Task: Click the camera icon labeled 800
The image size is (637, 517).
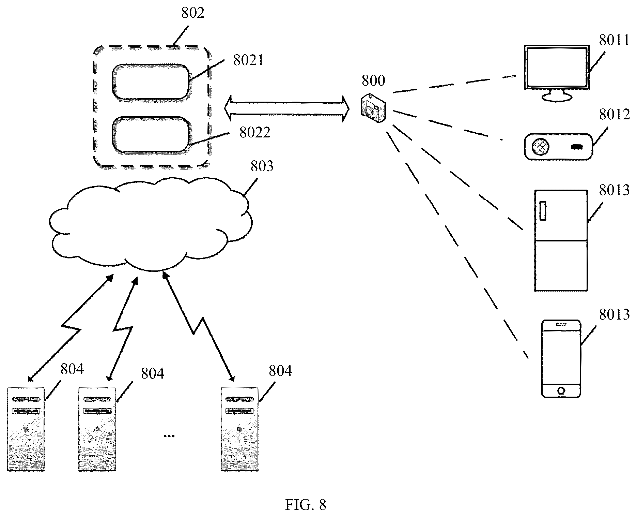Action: pyautogui.click(x=373, y=107)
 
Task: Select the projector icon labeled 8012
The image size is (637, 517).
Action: pyautogui.click(x=558, y=147)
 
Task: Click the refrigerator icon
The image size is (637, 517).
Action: pyautogui.click(x=561, y=240)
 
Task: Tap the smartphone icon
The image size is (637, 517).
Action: pyautogui.click(x=561, y=358)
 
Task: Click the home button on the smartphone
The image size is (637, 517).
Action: pyautogui.click(x=561, y=390)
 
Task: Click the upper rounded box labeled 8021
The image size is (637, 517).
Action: pyautogui.click(x=150, y=81)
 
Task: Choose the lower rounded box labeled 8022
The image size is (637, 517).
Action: pyautogui.click(x=150, y=134)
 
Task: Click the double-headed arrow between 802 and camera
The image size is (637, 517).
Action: pyautogui.click(x=286, y=109)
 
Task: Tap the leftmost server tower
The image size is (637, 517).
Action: pyautogui.click(x=26, y=429)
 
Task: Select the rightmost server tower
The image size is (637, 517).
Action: pyautogui.click(x=239, y=429)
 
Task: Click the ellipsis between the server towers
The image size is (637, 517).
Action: pyautogui.click(x=169, y=436)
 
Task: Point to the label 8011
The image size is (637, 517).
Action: pyautogui.click(x=614, y=41)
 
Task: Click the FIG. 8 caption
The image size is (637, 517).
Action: pyautogui.click(x=306, y=505)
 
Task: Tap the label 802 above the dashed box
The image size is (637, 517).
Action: pyautogui.click(x=193, y=13)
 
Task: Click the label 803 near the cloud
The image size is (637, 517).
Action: pyautogui.click(x=262, y=166)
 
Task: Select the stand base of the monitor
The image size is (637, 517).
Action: pyautogui.click(x=557, y=97)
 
